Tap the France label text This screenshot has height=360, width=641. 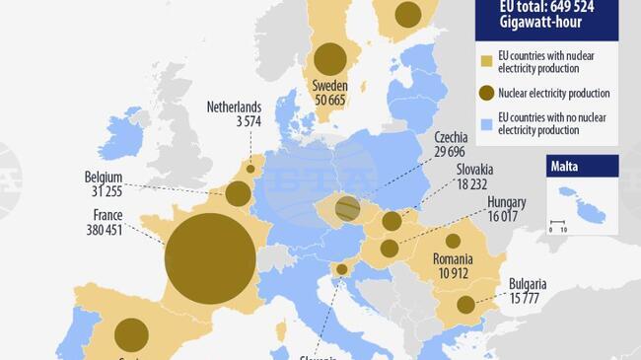[x=107, y=213]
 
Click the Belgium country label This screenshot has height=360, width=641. [x=104, y=178]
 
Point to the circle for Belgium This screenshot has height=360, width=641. [x=238, y=193]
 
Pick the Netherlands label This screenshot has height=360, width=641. [x=234, y=108]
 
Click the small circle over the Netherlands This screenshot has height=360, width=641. [x=249, y=169]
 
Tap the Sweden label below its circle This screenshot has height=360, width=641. [x=329, y=85]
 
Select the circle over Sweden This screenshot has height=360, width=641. [x=329, y=57]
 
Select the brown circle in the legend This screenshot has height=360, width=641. [x=485, y=94]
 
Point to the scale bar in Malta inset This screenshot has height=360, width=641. [x=557, y=222]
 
